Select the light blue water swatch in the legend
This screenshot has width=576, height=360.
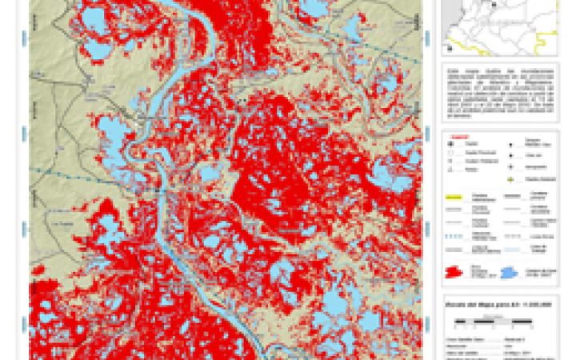[510, 273]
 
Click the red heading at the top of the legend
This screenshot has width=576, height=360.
[455, 135]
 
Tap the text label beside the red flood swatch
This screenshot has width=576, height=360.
[479, 273]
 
